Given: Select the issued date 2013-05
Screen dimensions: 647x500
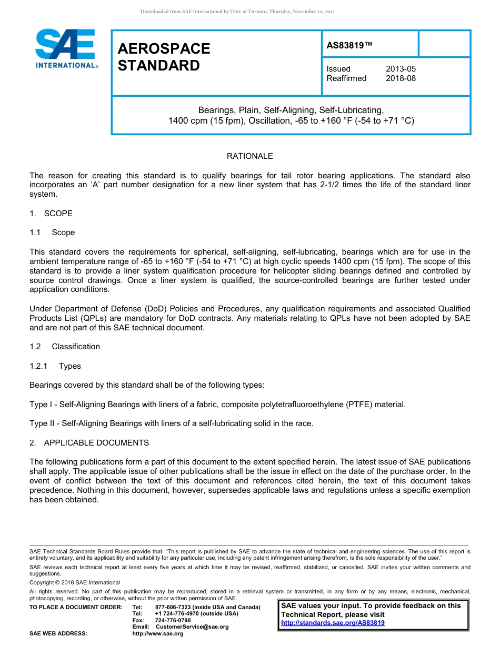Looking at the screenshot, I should (401, 69).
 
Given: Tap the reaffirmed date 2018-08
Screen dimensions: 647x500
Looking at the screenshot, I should (401, 78).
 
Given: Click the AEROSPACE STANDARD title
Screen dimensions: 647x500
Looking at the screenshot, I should (164, 57).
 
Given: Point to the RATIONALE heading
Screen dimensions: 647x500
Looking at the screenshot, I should (249, 156).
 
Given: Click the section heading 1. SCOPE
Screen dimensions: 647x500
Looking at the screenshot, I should (51, 214).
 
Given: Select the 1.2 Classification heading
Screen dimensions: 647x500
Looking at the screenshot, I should (65, 347).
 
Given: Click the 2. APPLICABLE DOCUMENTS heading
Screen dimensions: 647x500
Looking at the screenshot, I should (89, 443).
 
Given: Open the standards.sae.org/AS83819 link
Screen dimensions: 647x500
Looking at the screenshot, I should (333, 623).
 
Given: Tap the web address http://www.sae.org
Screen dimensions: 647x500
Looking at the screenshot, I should (158, 634).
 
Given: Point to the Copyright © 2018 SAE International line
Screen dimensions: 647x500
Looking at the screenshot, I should (75, 583).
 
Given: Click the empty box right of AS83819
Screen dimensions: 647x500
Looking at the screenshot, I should (444, 44).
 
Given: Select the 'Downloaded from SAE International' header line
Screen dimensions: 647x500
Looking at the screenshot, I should (237, 12).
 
